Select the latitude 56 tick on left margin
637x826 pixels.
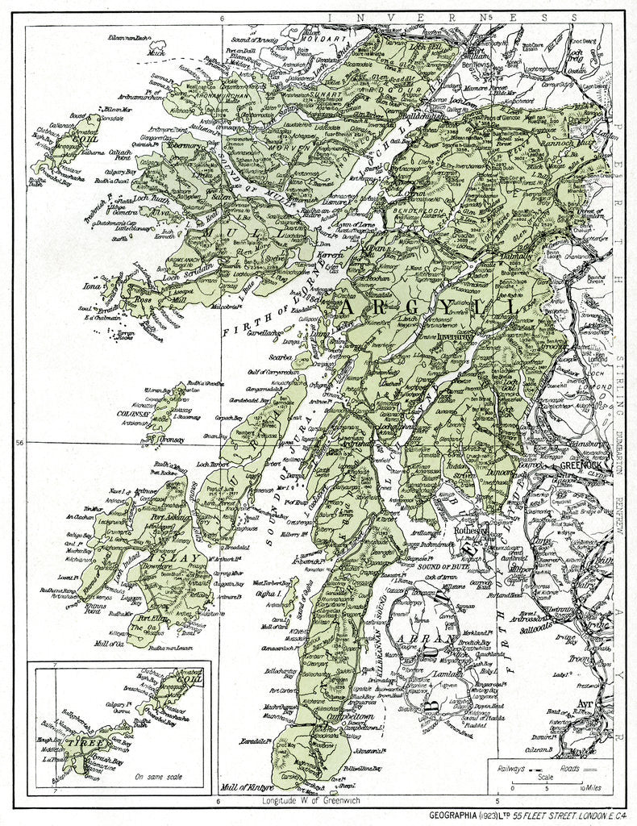(20, 442)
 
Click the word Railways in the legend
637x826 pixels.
(512, 770)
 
